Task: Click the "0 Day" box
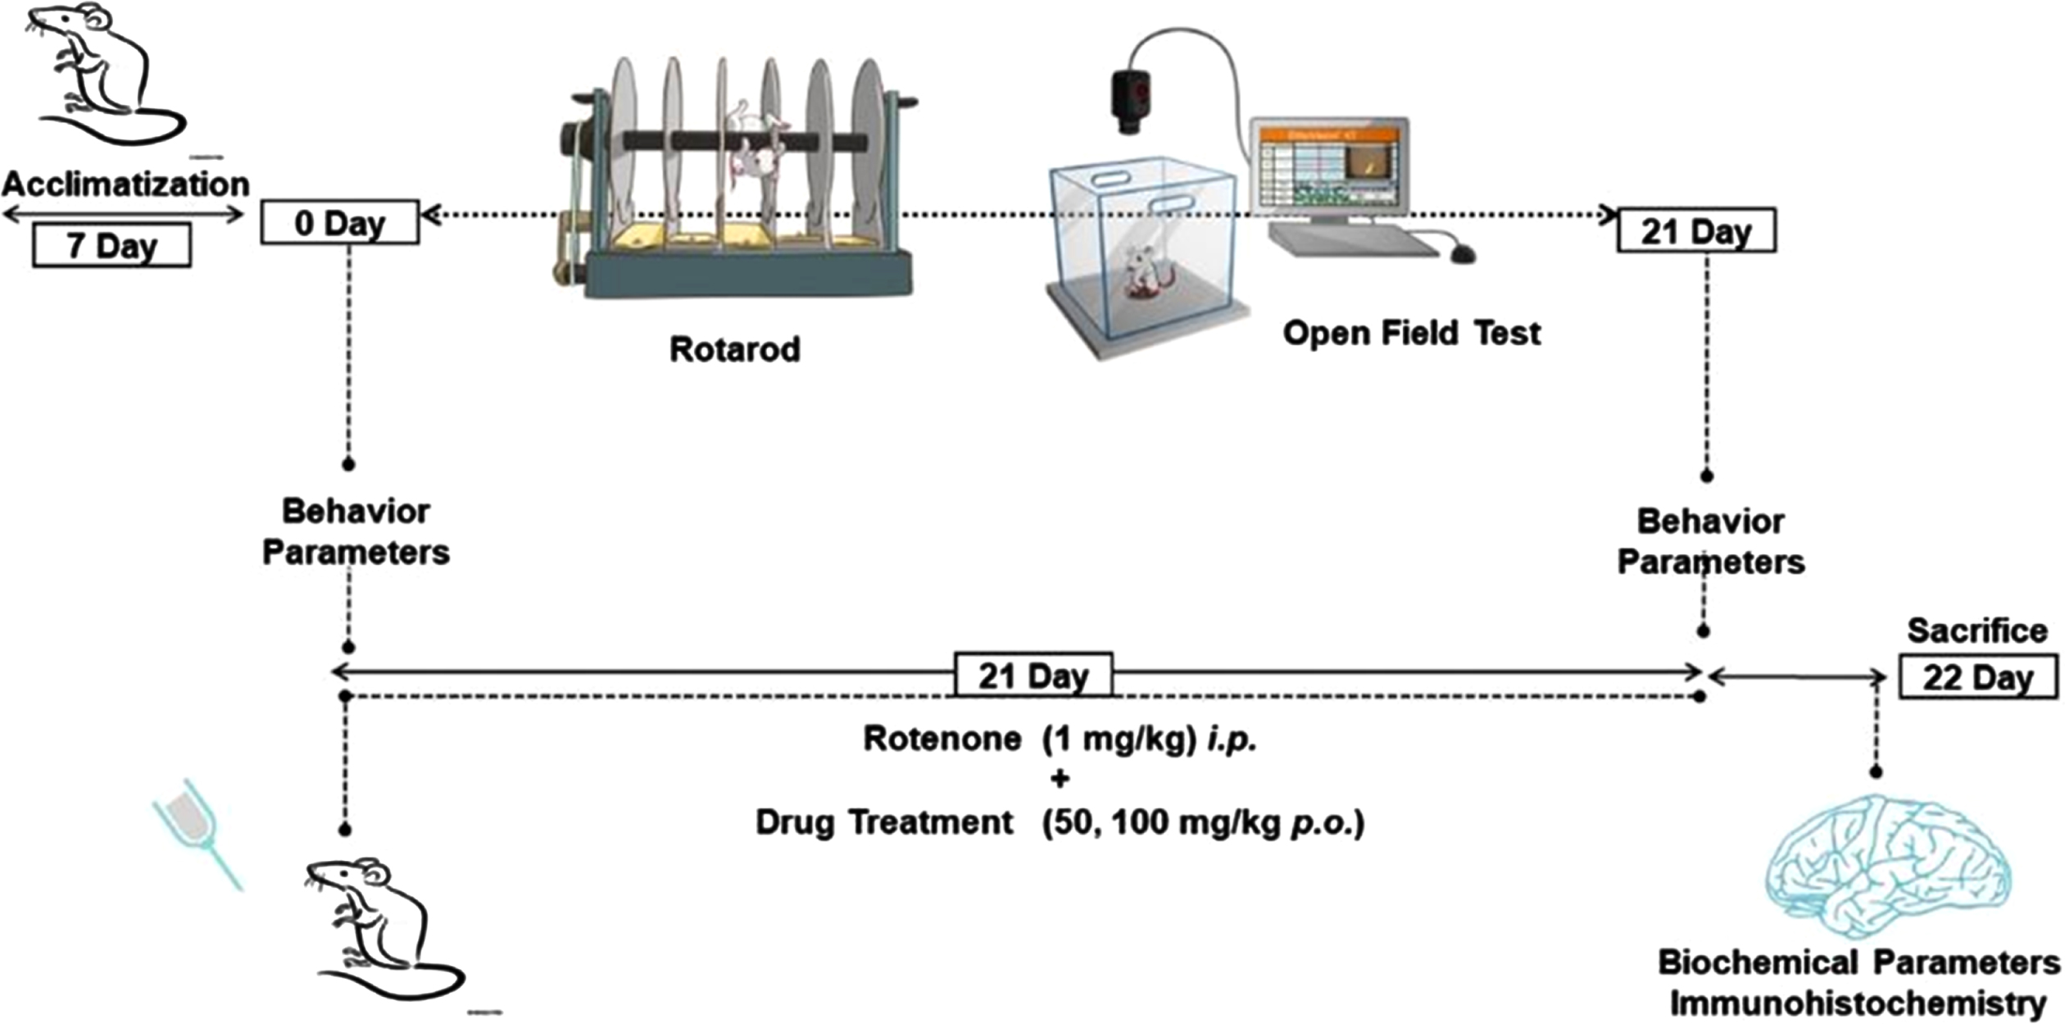[x=340, y=222]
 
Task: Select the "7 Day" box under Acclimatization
[x=112, y=245]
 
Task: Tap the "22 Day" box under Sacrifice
[x=1978, y=677]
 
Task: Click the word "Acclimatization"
[x=125, y=183]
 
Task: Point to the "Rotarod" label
[x=734, y=349]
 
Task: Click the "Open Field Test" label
[x=1411, y=333]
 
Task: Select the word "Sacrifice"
[x=1977, y=630]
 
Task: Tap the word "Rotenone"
[x=942, y=739]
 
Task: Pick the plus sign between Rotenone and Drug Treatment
[x=1060, y=779]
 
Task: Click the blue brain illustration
[x=1888, y=867]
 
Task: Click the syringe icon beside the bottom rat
[x=197, y=832]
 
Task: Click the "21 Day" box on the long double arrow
[x=1033, y=675]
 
